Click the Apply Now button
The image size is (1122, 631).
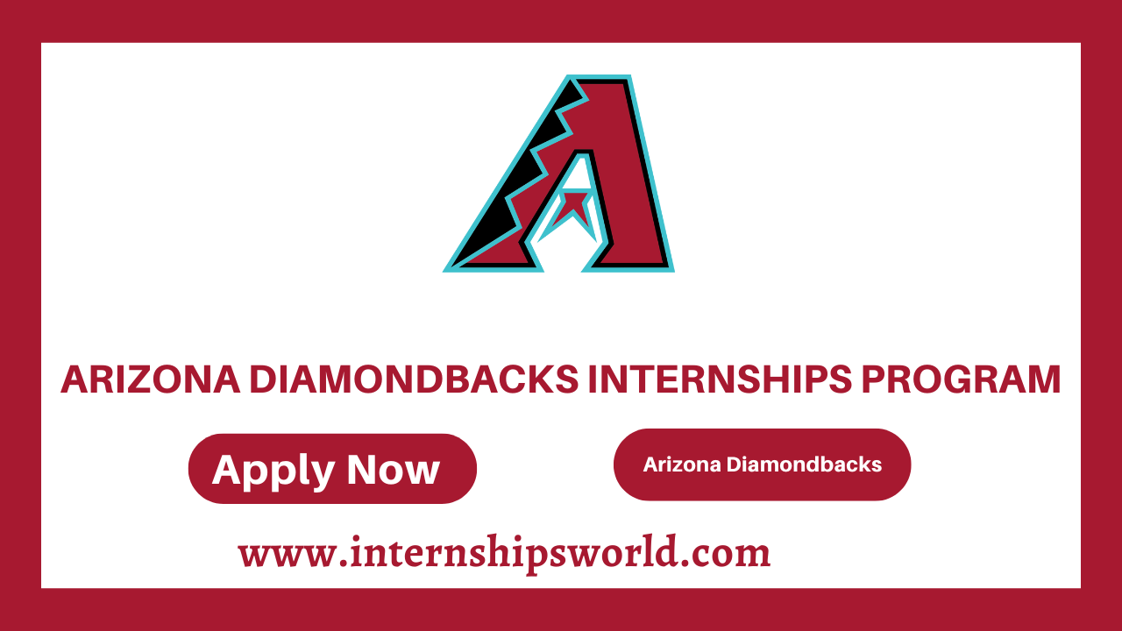tap(332, 469)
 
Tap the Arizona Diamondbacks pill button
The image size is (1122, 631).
tap(762, 464)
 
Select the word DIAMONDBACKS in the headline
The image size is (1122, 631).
tap(412, 379)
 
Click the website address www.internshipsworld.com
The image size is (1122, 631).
tap(504, 553)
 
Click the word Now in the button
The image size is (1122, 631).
tap(394, 470)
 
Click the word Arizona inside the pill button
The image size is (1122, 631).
tap(682, 464)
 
